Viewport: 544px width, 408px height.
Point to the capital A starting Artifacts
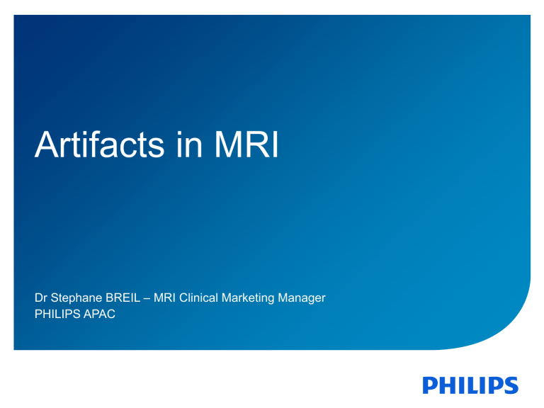click(47, 145)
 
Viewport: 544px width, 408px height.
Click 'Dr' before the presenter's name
click(41, 297)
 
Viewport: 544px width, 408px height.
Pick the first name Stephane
click(75, 298)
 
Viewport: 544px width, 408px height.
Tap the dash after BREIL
click(144, 298)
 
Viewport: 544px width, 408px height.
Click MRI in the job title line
click(164, 297)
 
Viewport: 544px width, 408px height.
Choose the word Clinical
click(202, 297)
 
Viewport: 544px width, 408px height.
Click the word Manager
click(304, 298)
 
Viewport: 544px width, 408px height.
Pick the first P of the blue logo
click(431, 385)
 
